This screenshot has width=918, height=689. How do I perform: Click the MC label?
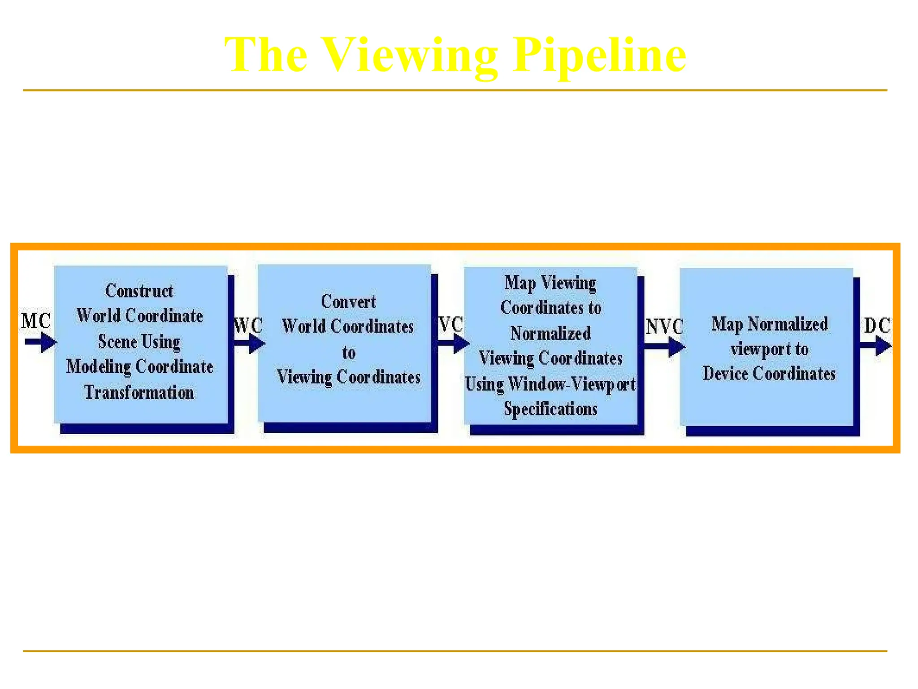pyautogui.click(x=36, y=321)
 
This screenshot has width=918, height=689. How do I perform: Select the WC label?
pyautogui.click(x=248, y=325)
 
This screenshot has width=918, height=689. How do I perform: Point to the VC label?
pyautogui.click(x=450, y=324)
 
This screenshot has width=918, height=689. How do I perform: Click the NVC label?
pyautogui.click(x=664, y=326)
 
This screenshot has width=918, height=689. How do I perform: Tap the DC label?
pyautogui.click(x=877, y=325)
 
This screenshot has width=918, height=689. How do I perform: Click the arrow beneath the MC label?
pyautogui.click(x=41, y=343)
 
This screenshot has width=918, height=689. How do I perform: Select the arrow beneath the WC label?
pyautogui.click(x=250, y=344)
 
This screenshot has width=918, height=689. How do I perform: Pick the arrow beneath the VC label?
pyautogui.click(x=454, y=344)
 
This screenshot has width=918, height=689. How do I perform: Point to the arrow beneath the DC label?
pyautogui.click(x=876, y=346)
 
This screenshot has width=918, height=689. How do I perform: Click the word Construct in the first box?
pyautogui.click(x=139, y=291)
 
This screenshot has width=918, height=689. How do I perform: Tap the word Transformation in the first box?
pyautogui.click(x=139, y=392)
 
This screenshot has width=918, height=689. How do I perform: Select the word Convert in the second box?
pyautogui.click(x=348, y=301)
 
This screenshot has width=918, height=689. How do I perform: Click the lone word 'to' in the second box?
pyautogui.click(x=349, y=353)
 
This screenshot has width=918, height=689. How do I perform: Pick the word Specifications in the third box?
pyautogui.click(x=550, y=409)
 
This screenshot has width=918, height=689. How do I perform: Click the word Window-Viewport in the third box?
pyautogui.click(x=572, y=384)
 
